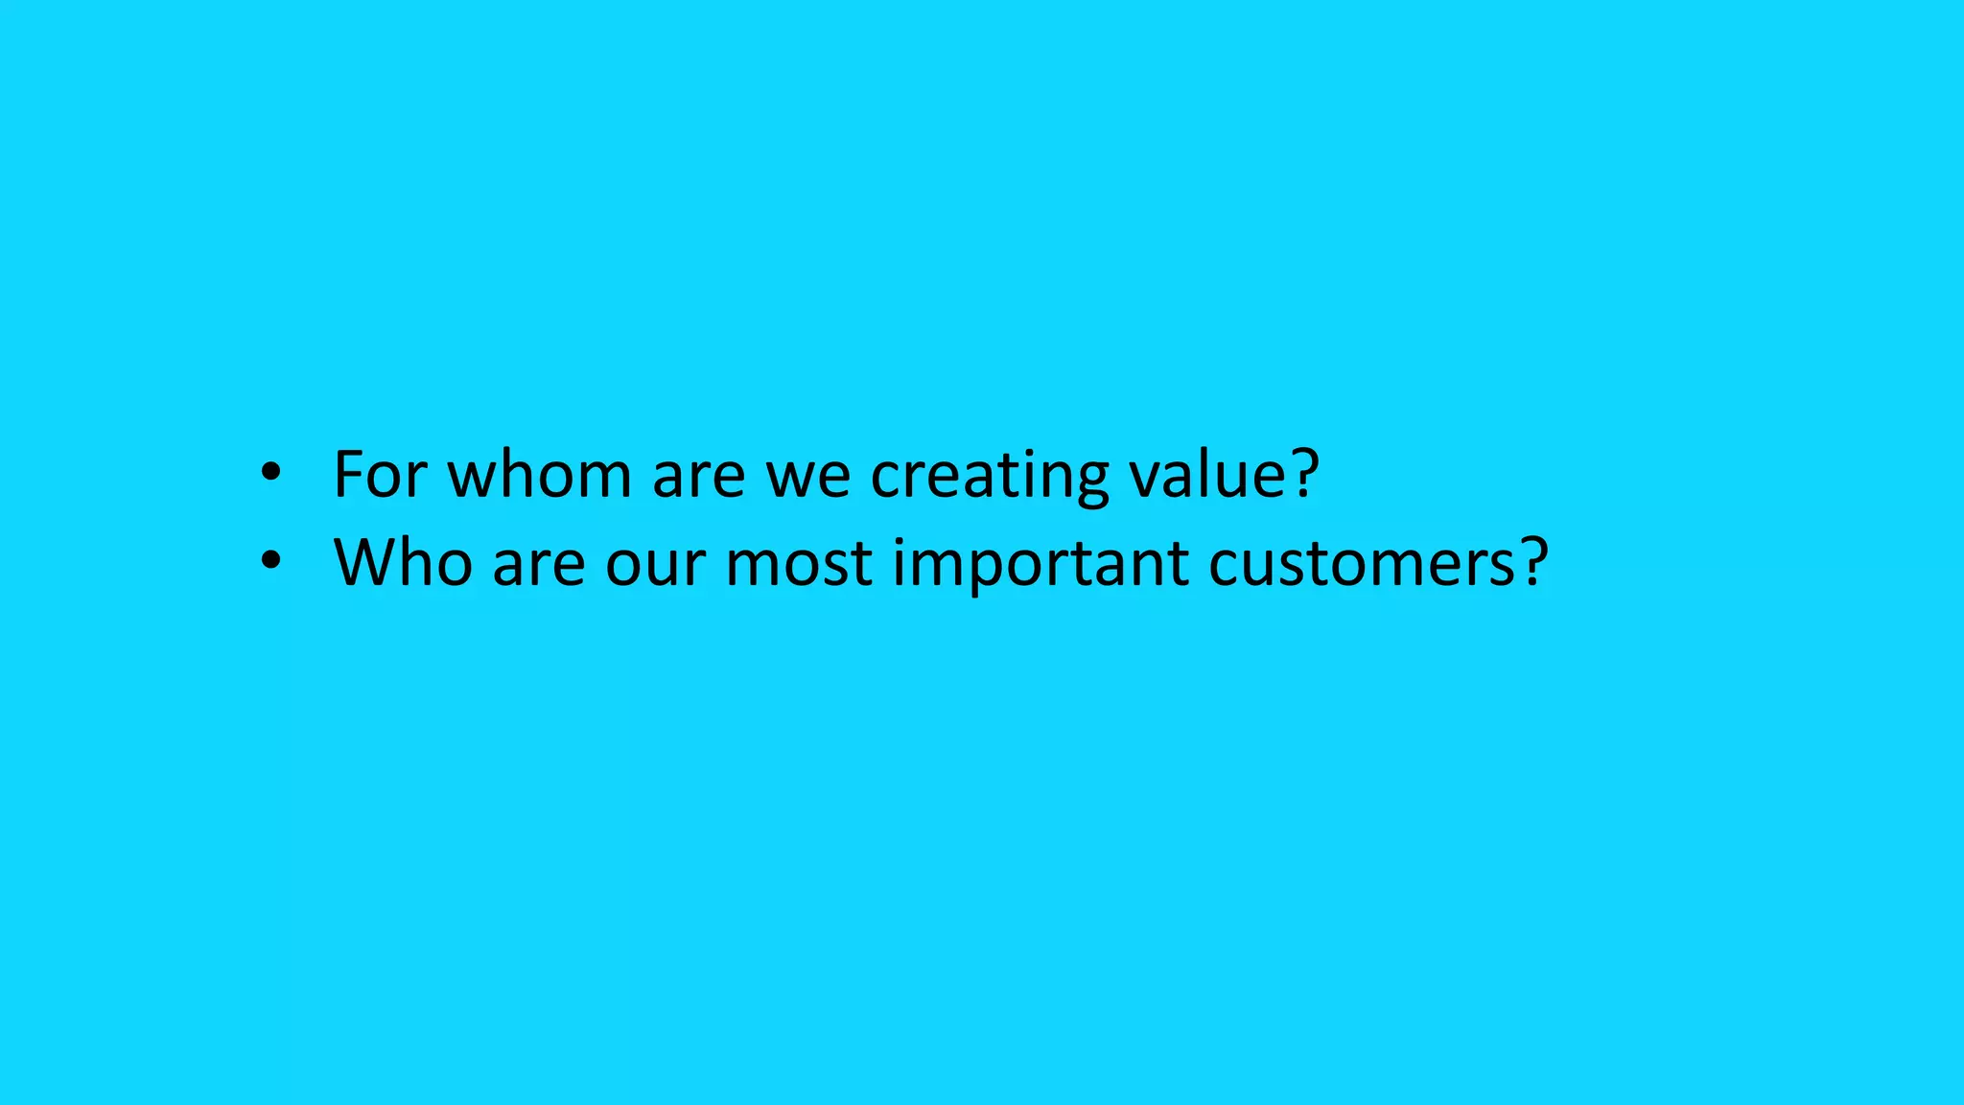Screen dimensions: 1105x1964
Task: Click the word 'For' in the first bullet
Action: pos(380,474)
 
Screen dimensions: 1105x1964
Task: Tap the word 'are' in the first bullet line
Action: pos(698,476)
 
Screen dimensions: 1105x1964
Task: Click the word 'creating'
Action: pos(989,476)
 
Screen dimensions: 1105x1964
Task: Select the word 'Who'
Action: pos(403,562)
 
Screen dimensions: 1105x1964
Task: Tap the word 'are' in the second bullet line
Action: pos(538,564)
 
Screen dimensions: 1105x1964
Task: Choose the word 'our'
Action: pos(655,564)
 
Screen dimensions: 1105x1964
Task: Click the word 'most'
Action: pos(799,564)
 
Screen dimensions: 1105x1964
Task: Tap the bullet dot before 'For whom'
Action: pos(271,472)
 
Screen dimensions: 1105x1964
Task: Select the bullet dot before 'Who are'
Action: pos(271,560)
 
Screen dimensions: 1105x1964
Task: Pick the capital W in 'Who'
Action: pos(368,562)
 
